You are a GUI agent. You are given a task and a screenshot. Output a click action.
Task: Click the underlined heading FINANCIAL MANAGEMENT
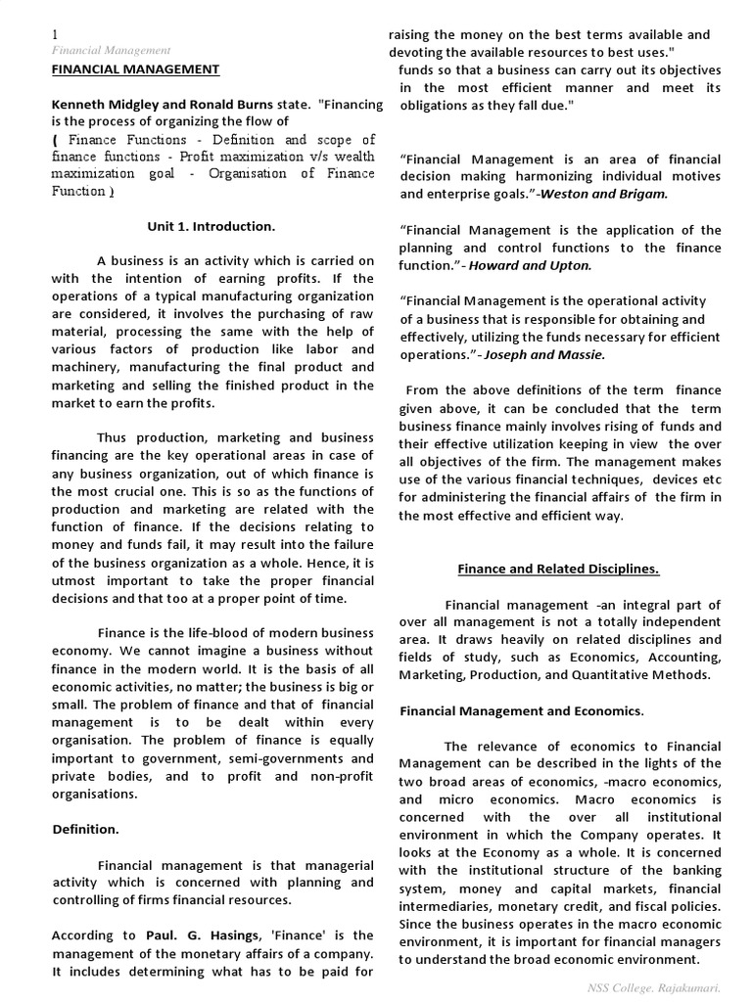point(135,68)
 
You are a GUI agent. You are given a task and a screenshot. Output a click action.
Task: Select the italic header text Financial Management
point(111,50)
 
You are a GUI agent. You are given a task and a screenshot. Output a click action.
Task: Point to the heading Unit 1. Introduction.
point(211,226)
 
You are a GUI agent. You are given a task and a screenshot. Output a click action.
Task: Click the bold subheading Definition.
point(85,829)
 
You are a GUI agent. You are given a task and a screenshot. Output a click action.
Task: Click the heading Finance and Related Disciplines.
point(558,569)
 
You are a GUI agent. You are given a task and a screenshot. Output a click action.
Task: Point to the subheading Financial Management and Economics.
point(521,710)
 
